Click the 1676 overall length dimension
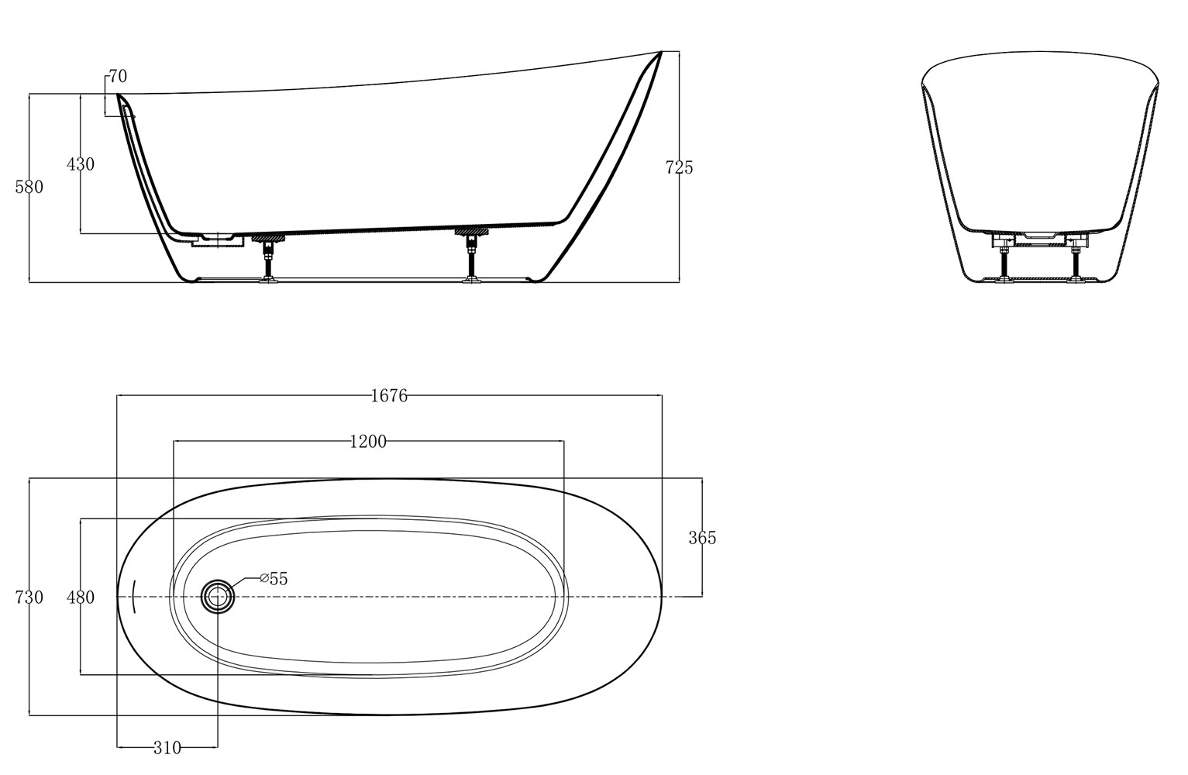(389, 396)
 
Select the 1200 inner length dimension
(368, 441)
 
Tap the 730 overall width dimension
(29, 598)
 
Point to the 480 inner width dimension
(81, 598)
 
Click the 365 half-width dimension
(702, 538)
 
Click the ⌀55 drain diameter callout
(274, 579)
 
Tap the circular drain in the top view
(218, 597)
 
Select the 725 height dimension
(680, 167)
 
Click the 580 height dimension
(29, 187)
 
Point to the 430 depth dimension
(81, 164)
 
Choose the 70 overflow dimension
(118, 77)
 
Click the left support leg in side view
(268, 258)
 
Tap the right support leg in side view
(471, 256)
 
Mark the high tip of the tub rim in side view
(661, 51)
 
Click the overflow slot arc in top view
(133, 598)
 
